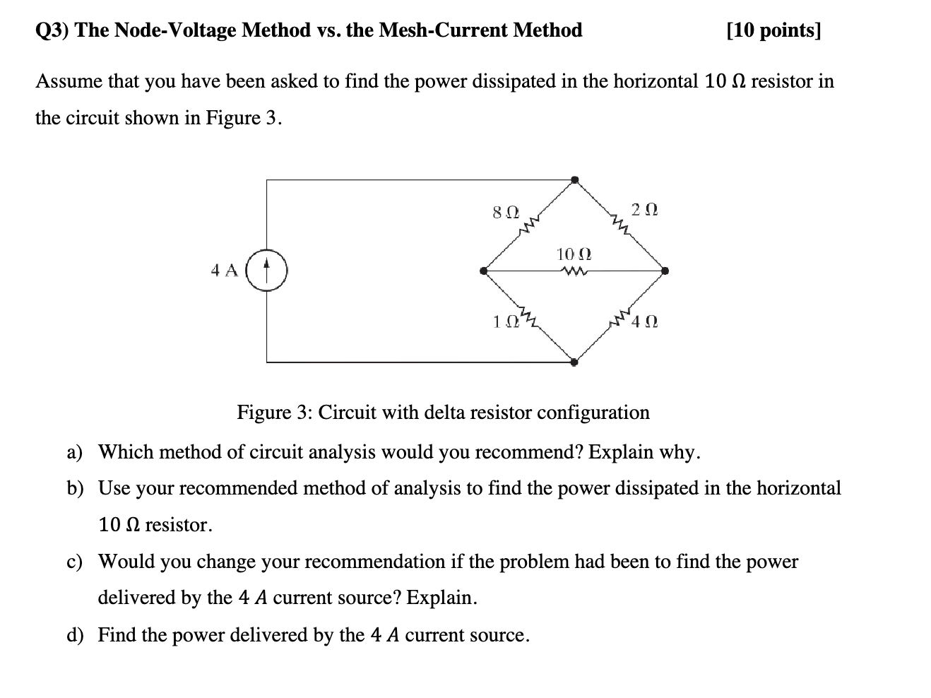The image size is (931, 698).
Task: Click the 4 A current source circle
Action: tap(267, 271)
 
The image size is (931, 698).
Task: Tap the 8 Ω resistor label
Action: tap(505, 211)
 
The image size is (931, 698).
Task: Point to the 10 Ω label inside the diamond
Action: tap(574, 254)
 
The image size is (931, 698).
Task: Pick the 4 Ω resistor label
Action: tap(646, 321)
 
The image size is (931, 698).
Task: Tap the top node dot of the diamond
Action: tap(575, 179)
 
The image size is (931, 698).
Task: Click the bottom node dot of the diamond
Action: tap(574, 362)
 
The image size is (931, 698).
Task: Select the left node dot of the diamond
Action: tap(484, 271)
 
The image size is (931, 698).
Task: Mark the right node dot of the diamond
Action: tap(665, 271)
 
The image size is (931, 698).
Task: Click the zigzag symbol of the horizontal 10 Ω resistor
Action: tap(573, 270)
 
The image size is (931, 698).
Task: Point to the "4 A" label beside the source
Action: tap(224, 270)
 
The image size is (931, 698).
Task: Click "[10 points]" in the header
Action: tap(773, 30)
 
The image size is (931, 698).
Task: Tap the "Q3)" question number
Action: tap(52, 30)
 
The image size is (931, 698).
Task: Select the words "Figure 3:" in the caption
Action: tap(275, 412)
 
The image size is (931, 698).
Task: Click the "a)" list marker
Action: tap(75, 452)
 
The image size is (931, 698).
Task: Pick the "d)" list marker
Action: tap(75, 635)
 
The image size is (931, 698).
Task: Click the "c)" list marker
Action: tap(74, 562)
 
